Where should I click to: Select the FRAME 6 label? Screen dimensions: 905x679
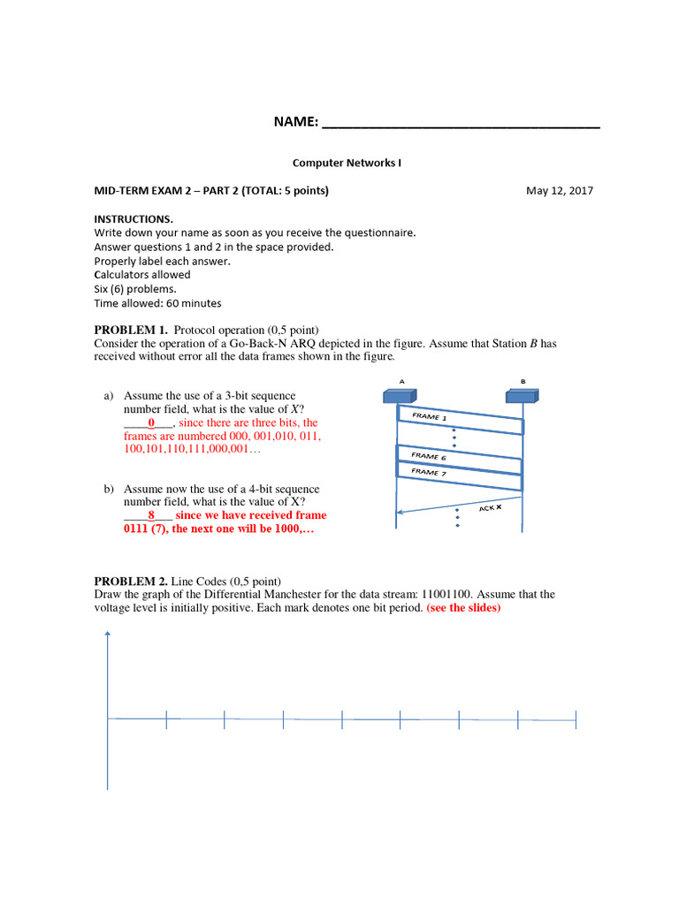click(429, 456)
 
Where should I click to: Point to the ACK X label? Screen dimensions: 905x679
click(491, 508)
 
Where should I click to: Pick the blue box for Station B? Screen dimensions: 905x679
click(523, 397)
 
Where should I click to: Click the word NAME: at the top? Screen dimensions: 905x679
click(296, 122)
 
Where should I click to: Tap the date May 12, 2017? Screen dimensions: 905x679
click(560, 191)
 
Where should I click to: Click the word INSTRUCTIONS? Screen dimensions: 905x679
click(134, 218)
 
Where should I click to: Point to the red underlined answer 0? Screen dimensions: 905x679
click(151, 423)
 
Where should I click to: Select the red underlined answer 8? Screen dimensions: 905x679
click(151, 515)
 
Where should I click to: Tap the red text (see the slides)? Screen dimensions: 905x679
click(463, 608)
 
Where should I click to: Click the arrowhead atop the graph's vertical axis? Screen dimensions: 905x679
click(108, 634)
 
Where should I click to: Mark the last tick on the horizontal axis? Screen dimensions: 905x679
click(576, 720)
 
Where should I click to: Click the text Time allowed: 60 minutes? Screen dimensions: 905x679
click(157, 303)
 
